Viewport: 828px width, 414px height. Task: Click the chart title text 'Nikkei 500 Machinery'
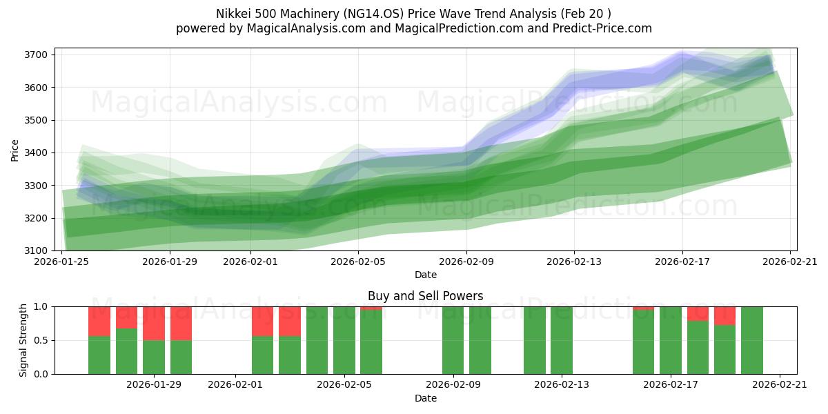pyautogui.click(x=271, y=14)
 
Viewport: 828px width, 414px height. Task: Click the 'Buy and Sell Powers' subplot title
pyautogui.click(x=425, y=296)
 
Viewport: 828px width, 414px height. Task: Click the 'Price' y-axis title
pyautogui.click(x=15, y=150)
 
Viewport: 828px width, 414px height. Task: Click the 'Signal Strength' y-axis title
pyautogui.click(x=24, y=340)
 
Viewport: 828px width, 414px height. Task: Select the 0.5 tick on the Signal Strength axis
pyautogui.click(x=41, y=340)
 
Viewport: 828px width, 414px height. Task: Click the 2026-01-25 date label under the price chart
pyautogui.click(x=62, y=262)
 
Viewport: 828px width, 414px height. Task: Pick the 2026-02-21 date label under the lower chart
pyautogui.click(x=779, y=385)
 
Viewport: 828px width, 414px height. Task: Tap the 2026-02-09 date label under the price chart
pyautogui.click(x=466, y=262)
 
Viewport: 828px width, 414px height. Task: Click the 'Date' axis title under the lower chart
pyautogui.click(x=425, y=398)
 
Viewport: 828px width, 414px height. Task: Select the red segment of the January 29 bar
pyautogui.click(x=154, y=323)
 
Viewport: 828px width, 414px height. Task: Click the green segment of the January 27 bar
pyautogui.click(x=99, y=355)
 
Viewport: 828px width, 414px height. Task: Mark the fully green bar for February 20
pyautogui.click(x=752, y=340)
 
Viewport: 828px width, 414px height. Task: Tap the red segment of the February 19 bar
pyautogui.click(x=724, y=315)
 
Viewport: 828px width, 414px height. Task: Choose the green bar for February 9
pyautogui.click(x=453, y=340)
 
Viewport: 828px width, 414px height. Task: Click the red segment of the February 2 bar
pyautogui.click(x=262, y=321)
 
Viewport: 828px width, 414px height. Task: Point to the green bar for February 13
pyautogui.click(x=562, y=340)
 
